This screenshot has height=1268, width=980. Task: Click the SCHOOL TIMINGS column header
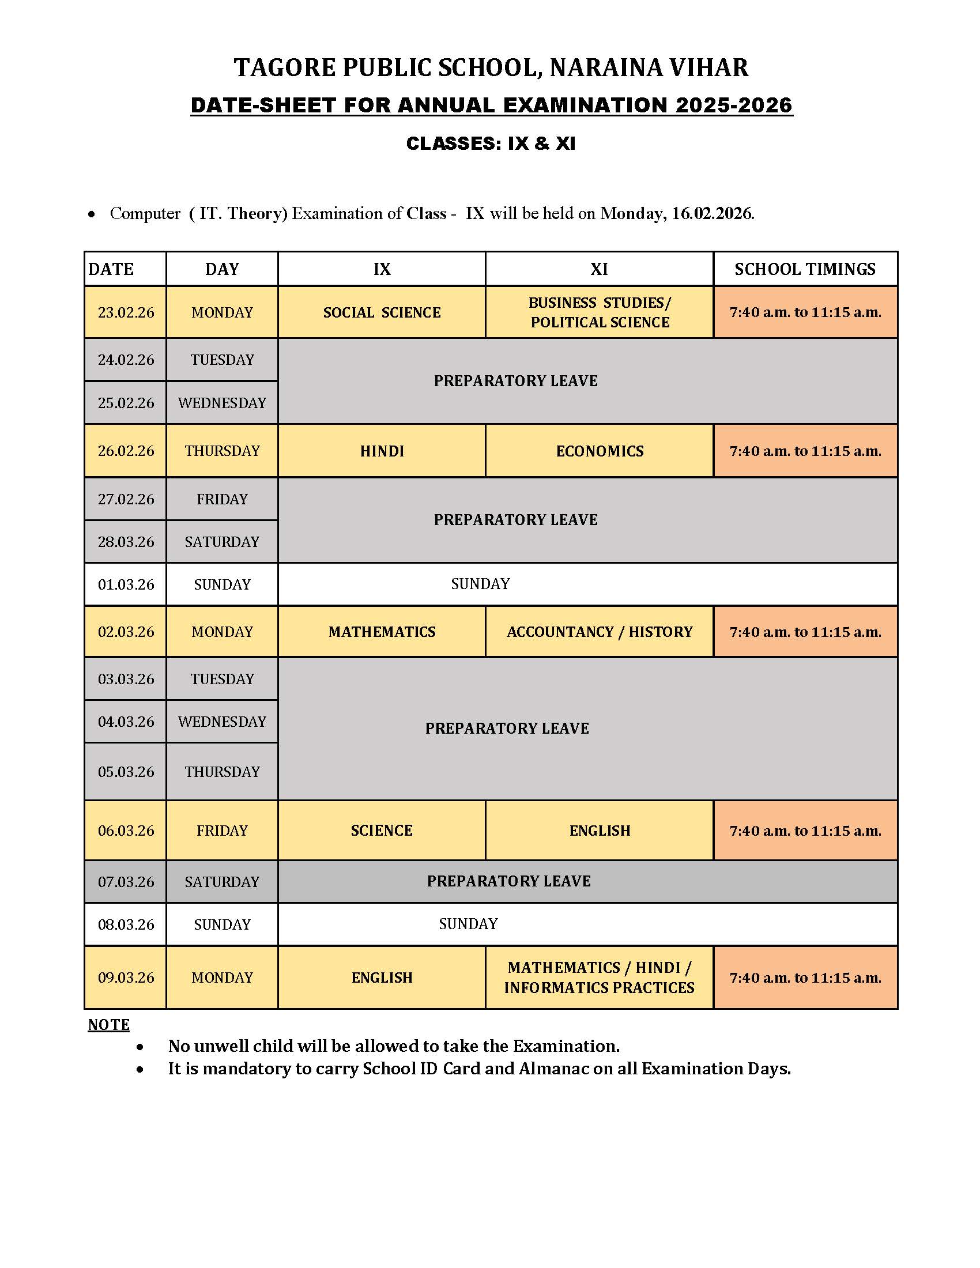pyautogui.click(x=805, y=269)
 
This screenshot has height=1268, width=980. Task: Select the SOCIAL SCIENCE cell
pyautogui.click(x=382, y=312)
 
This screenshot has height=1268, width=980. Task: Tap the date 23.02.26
pyautogui.click(x=126, y=312)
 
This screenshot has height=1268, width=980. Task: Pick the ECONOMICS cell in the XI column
pyautogui.click(x=599, y=451)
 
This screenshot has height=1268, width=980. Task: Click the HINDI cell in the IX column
pyautogui.click(x=382, y=451)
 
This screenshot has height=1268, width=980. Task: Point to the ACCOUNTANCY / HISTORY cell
pyautogui.click(x=599, y=632)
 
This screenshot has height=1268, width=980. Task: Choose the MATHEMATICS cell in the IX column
pyautogui.click(x=382, y=632)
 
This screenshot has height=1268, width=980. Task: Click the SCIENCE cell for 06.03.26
pyautogui.click(x=382, y=830)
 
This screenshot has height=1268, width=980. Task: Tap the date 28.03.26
pyautogui.click(x=126, y=542)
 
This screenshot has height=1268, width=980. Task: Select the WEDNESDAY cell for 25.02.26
pyautogui.click(x=222, y=403)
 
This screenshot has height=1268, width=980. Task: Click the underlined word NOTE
pyautogui.click(x=108, y=1025)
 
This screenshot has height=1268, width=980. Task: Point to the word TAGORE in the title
pyautogui.click(x=284, y=67)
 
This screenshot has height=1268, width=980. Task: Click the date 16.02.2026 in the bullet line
pyautogui.click(x=712, y=214)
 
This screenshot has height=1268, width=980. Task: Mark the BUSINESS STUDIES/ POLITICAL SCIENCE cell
pyautogui.click(x=599, y=312)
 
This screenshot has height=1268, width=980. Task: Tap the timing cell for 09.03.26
pyautogui.click(x=805, y=978)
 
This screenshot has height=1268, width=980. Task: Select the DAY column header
pyautogui.click(x=222, y=269)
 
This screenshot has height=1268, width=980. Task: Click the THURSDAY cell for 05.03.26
pyautogui.click(x=222, y=772)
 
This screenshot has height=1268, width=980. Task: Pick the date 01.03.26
pyautogui.click(x=126, y=584)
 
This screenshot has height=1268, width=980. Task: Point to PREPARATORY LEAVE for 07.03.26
pyautogui.click(x=508, y=881)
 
